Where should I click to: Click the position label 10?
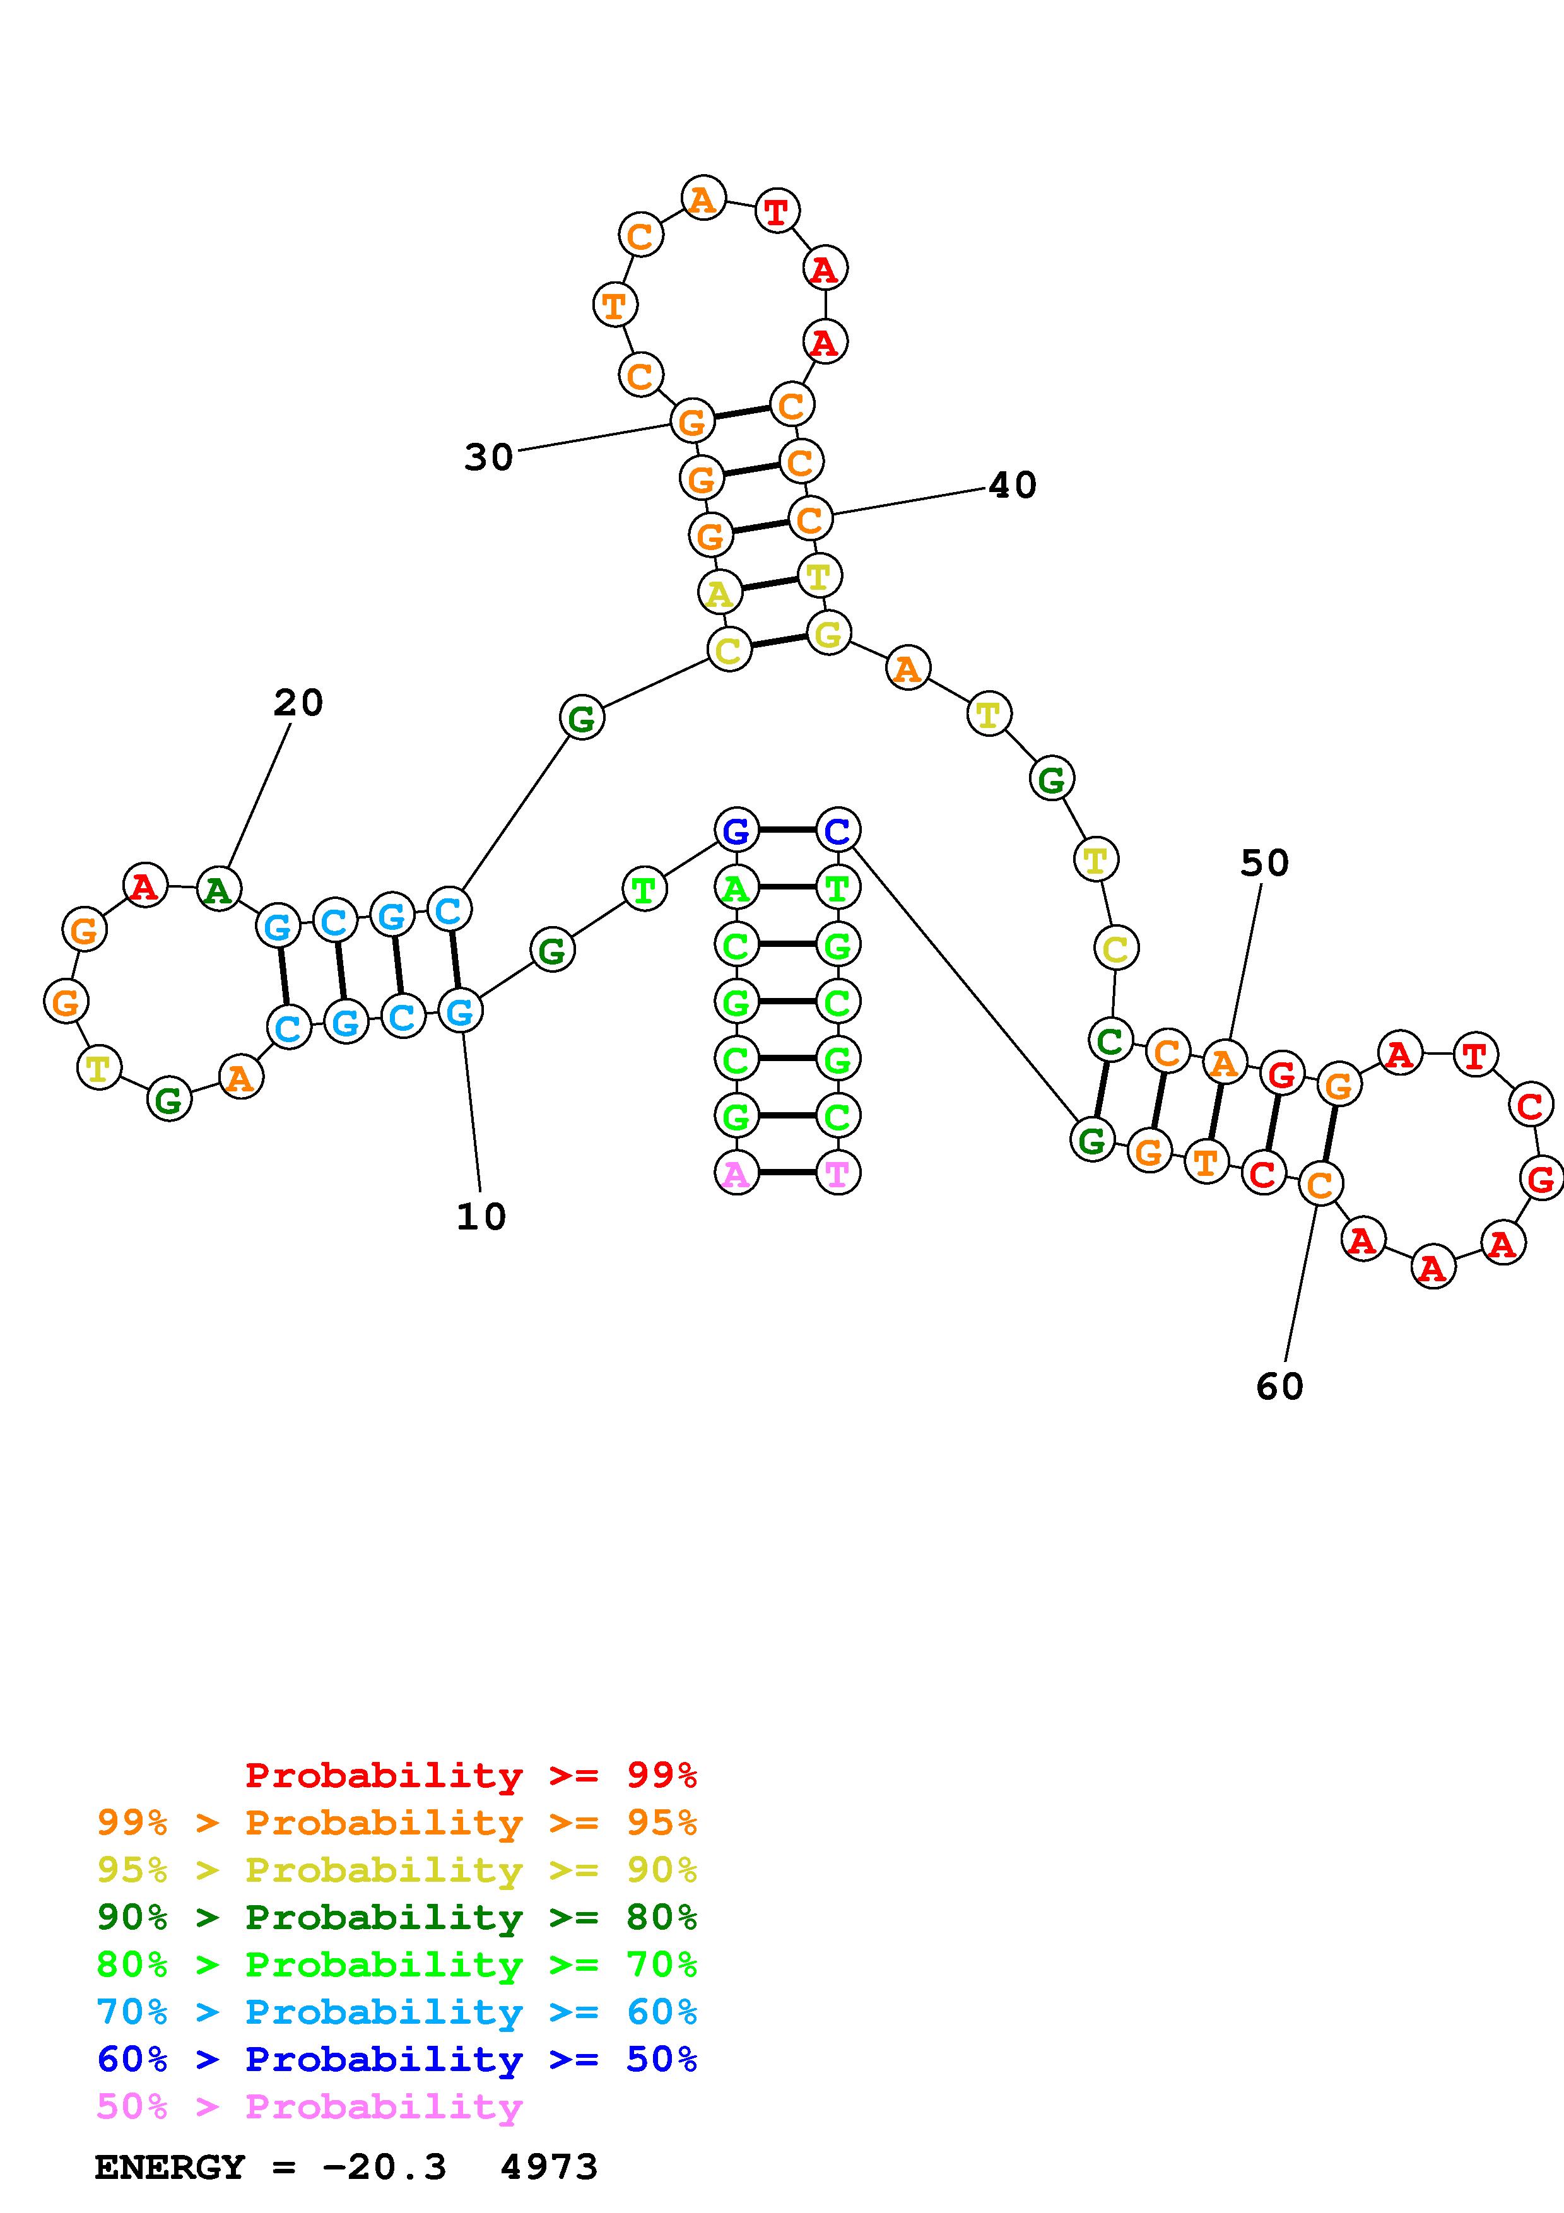coord(481,1216)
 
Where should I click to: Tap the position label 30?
coord(488,457)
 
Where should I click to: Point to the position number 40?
coord(1013,485)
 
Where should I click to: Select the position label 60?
coord(1279,1386)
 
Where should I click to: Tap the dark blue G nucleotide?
coord(736,829)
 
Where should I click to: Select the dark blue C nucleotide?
coord(837,829)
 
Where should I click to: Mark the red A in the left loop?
coord(144,885)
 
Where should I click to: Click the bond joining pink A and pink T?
coord(786,1173)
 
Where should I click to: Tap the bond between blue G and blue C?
coord(786,829)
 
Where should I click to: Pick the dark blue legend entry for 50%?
coord(397,2060)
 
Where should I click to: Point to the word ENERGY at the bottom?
coord(170,2168)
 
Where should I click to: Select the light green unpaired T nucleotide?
coord(644,889)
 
